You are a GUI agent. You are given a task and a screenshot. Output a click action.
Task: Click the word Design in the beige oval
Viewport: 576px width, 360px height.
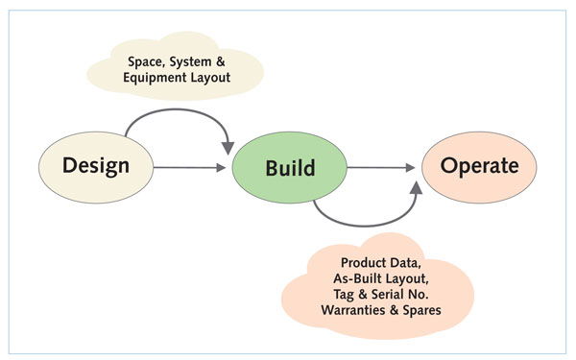96,166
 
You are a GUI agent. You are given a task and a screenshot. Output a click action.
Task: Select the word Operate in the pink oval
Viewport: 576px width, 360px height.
480,166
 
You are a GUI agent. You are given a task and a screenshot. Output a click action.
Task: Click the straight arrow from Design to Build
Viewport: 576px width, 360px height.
192,168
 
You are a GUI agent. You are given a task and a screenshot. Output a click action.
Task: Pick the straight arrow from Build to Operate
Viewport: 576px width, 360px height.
384,168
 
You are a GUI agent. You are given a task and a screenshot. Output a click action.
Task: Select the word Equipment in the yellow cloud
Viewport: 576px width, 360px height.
162,79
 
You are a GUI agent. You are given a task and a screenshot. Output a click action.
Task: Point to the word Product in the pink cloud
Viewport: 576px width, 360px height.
367,262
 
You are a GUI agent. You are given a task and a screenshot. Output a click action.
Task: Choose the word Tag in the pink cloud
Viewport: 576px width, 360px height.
337,295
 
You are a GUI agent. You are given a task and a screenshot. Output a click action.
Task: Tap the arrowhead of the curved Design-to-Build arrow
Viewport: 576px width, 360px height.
229,146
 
